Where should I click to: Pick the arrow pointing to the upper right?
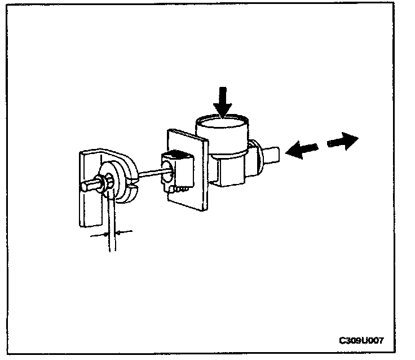point(343,141)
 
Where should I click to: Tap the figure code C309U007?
point(361,341)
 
